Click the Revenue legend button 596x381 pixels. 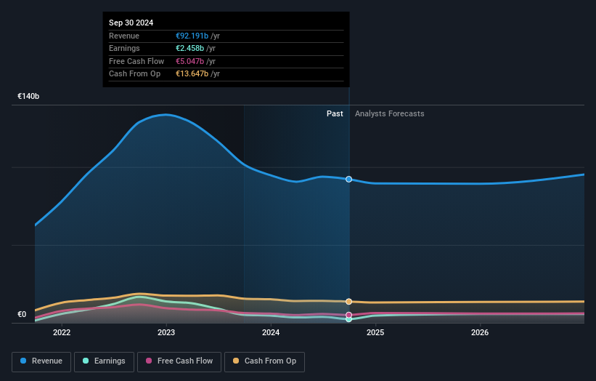coord(42,361)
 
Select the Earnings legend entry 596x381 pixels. coord(104,361)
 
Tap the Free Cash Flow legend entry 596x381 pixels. coord(179,361)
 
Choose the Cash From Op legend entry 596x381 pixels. coord(264,361)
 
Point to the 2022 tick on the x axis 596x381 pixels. coord(62,333)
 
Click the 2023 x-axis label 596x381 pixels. coord(166,333)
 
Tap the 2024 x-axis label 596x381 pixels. coord(271,333)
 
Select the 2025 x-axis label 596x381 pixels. coord(375,333)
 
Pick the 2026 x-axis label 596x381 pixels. coord(480,333)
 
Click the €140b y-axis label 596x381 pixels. coord(29,96)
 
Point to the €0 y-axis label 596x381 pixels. coord(22,315)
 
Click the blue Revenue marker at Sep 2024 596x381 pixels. coord(349,179)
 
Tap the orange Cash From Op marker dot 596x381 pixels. coord(349,301)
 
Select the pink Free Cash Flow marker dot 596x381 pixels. coord(349,315)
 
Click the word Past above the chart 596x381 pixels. coord(335,113)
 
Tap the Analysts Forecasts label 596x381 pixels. coord(389,113)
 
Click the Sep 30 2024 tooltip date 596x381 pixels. coord(131,23)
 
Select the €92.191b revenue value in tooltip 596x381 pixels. coord(192,36)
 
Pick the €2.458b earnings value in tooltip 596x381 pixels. coord(190,49)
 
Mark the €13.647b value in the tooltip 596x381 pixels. coord(192,73)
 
